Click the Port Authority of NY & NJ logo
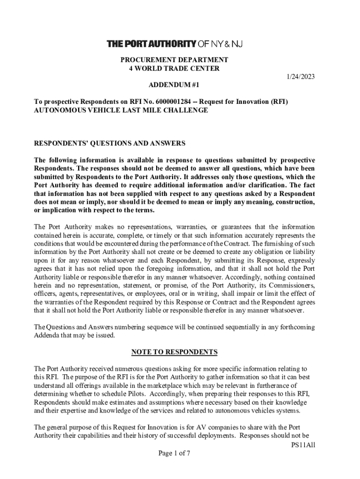coord(175,44)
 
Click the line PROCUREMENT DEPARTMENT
coord(174,60)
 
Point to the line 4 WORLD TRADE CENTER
coord(174,68)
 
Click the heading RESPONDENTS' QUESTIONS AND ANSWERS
coord(110,143)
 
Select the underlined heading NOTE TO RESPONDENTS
coord(174,352)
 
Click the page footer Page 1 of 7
coord(174,453)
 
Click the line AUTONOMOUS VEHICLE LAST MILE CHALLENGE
coord(121,110)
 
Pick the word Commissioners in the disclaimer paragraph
coord(291,285)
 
